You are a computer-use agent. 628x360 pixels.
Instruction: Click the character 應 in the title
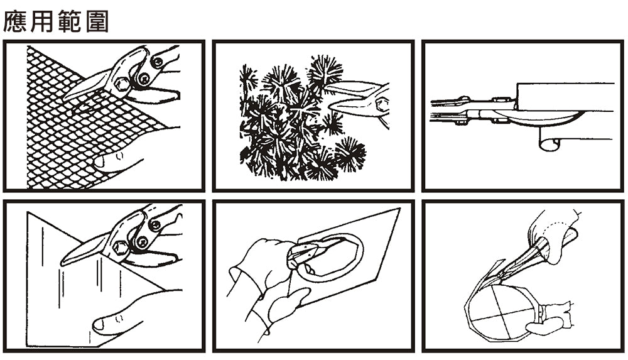pos(15,21)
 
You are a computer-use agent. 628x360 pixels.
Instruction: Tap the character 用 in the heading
pos(41,21)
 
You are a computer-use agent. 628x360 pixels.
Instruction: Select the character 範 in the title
pos(69,21)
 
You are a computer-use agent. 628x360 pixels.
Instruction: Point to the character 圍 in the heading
pos(97,21)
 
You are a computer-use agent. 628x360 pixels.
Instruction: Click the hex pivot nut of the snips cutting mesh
pos(121,85)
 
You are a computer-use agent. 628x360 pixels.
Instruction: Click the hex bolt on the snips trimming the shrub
pos(382,105)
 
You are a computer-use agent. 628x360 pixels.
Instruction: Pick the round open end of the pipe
pos(549,143)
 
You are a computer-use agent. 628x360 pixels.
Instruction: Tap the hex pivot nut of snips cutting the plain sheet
pos(119,248)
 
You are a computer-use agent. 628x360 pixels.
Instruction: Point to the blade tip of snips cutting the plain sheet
pos(62,263)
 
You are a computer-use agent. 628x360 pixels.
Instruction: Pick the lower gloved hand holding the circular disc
pos(551,319)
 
